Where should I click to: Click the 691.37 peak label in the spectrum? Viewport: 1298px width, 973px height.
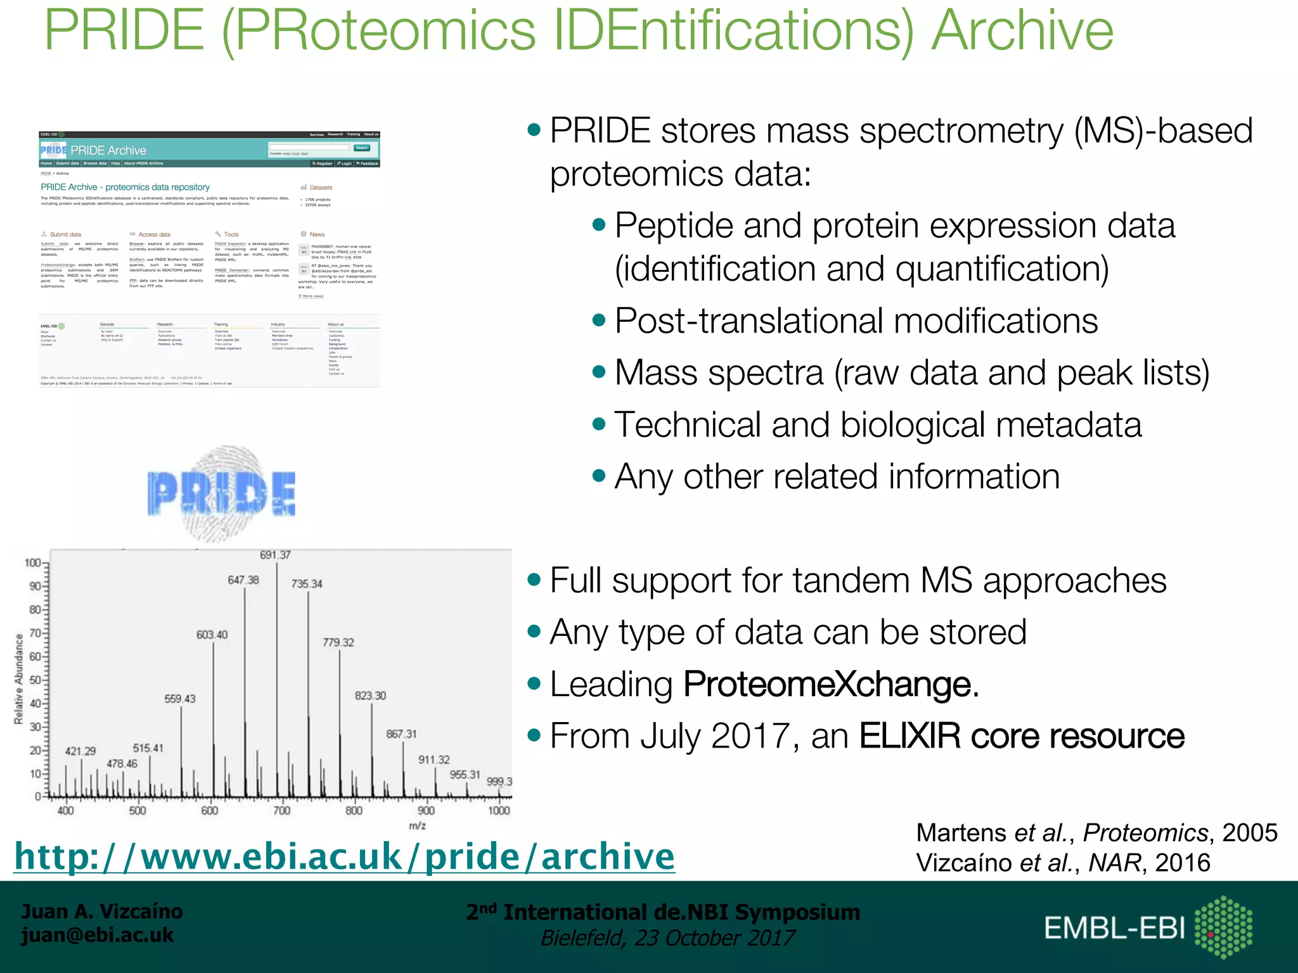click(x=275, y=555)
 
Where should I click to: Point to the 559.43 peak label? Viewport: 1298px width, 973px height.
click(x=180, y=699)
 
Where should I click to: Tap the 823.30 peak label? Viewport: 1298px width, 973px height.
click(x=370, y=696)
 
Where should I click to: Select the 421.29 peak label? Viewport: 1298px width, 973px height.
click(x=80, y=751)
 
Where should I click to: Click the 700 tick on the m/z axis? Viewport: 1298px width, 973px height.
click(x=281, y=810)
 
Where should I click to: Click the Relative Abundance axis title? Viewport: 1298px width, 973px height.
click(x=19, y=678)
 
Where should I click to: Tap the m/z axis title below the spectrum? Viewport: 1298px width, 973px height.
click(x=417, y=825)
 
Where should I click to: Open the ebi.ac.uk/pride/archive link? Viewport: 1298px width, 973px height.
click(x=344, y=857)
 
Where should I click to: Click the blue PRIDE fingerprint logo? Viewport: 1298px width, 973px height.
click(x=221, y=493)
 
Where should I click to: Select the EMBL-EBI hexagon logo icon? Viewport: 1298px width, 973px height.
click(x=1223, y=927)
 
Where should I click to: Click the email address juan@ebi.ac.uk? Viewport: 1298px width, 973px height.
click(x=98, y=935)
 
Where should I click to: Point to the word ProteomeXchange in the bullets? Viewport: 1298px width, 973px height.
click(x=830, y=684)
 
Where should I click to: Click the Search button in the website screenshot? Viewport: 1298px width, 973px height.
click(x=362, y=148)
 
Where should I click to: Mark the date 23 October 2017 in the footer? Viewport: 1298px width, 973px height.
click(x=714, y=938)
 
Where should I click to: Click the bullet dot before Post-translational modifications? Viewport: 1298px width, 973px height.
click(x=599, y=321)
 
